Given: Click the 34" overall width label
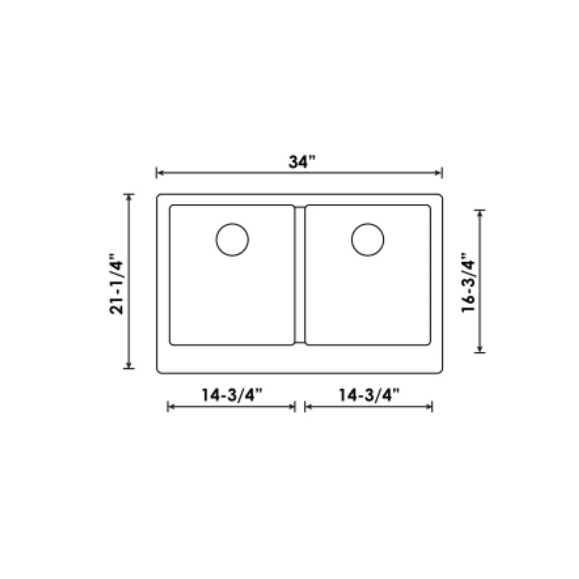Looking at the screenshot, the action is (302, 162).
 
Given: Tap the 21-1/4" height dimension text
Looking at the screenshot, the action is (117, 284).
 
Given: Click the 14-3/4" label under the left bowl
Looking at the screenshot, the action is (232, 395).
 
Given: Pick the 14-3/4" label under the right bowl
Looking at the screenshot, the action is (369, 395).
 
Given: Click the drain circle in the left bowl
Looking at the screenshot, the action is (232, 239).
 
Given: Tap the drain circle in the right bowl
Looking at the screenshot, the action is (367, 239).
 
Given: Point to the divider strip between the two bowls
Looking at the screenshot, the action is (300, 275).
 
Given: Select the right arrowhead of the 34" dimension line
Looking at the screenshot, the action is (438, 173).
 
